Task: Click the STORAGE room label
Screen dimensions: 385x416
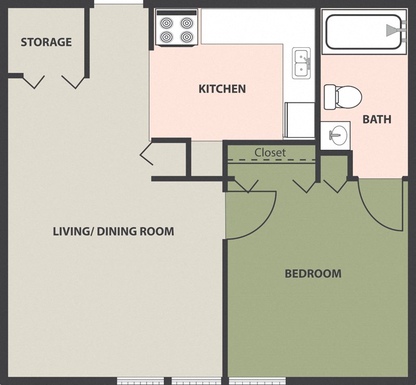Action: tap(46, 42)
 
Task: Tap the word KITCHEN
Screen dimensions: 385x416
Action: tap(222, 89)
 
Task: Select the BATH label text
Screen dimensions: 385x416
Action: tap(376, 120)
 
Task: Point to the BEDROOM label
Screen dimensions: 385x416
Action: tap(313, 273)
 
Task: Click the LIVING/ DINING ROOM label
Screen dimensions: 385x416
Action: tap(113, 231)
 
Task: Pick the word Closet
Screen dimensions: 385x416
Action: tap(270, 153)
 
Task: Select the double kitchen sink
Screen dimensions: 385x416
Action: tap(301, 63)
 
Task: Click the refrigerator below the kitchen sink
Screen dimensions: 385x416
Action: tap(300, 120)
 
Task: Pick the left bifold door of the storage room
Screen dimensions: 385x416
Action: tap(34, 82)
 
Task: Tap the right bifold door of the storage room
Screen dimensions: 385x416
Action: tap(73, 82)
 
